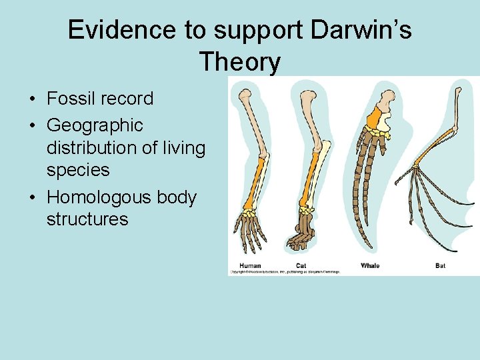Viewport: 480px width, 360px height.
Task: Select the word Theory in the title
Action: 239,62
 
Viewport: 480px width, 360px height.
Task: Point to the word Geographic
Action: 95,125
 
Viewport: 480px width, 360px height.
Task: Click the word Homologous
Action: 99,197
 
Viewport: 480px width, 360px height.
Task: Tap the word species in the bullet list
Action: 78,170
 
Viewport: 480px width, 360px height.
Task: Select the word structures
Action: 87,219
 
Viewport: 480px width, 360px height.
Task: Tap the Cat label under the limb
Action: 301,265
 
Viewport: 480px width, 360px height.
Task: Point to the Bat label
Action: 440,265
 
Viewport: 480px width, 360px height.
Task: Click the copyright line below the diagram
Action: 285,272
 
